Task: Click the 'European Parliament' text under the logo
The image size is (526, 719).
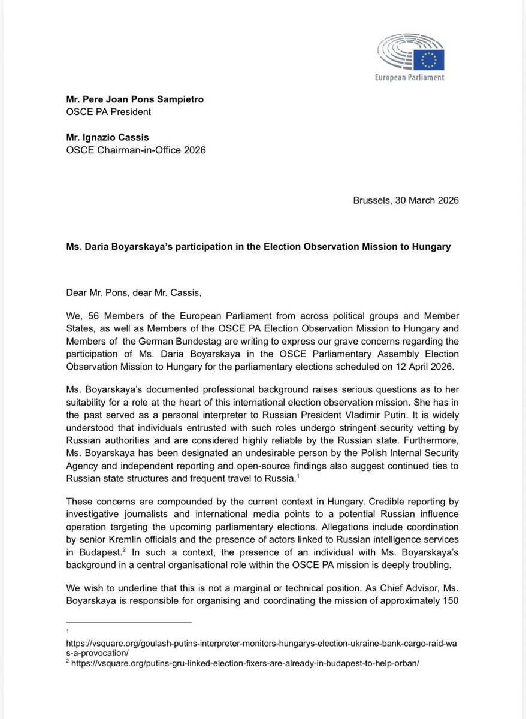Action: coord(409,78)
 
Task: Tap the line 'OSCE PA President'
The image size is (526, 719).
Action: coord(107,111)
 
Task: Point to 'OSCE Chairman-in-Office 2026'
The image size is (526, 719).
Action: coord(137,150)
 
